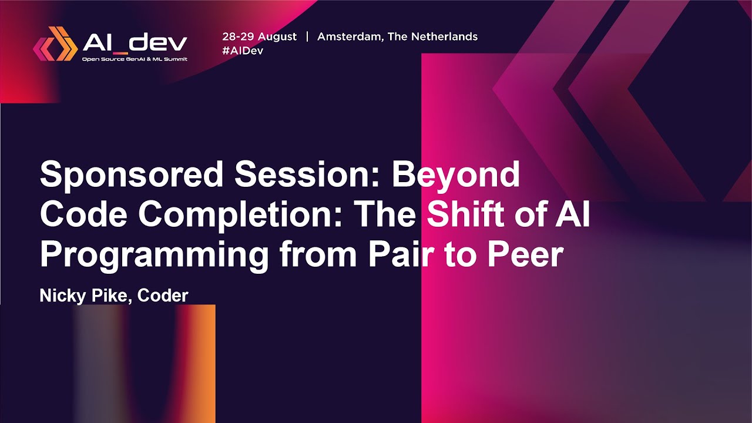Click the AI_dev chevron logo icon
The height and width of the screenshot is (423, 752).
[x=55, y=43]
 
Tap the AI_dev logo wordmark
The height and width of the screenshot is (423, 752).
[x=135, y=42]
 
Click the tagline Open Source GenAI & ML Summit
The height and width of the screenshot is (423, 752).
[x=135, y=59]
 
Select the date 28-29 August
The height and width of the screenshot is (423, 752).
[x=259, y=36]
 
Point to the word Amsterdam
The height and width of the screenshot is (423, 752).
[x=350, y=36]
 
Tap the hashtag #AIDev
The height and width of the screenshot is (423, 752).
[x=242, y=51]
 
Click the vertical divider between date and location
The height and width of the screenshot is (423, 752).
[x=307, y=36]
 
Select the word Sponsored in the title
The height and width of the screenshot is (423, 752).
[x=132, y=175]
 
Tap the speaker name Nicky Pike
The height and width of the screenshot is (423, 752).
[x=85, y=296]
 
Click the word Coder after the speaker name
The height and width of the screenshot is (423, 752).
[x=163, y=296]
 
